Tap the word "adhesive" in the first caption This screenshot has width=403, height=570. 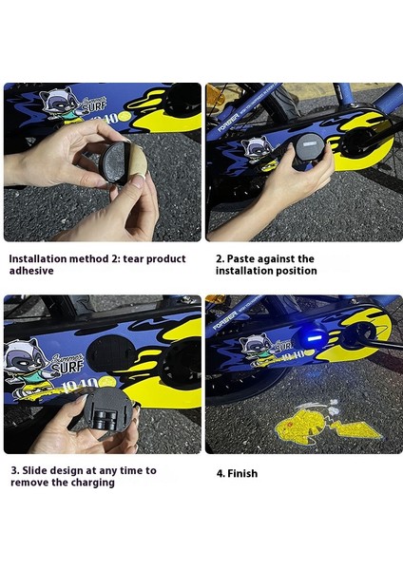31,271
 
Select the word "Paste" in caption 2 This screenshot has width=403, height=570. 240,258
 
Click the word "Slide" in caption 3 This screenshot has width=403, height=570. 34,470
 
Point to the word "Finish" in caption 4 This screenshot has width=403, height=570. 242,474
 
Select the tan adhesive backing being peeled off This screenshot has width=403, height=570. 137,164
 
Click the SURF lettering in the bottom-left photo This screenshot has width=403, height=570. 68,367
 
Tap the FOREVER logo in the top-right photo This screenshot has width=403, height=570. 228,123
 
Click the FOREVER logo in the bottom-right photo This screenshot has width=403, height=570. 223,321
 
